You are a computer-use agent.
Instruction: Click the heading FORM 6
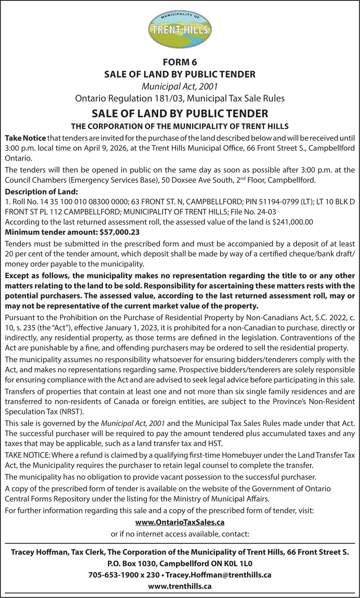click(180, 62)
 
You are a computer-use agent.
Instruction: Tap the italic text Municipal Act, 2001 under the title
click(180, 86)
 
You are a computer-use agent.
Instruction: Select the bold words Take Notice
click(25, 138)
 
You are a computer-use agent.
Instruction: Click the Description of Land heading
click(41, 192)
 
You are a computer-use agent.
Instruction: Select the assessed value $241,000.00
click(293, 222)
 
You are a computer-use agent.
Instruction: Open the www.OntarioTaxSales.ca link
click(180, 522)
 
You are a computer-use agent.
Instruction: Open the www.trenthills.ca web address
click(180, 586)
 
